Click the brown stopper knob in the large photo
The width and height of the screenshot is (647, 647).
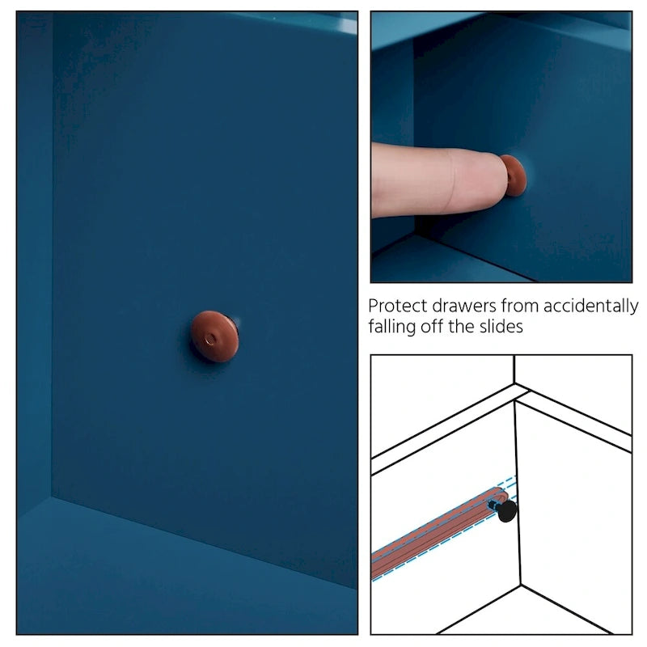[214, 336]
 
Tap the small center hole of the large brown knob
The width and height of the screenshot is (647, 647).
[210, 340]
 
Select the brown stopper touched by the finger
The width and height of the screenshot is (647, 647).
[514, 175]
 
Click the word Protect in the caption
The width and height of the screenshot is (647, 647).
[397, 307]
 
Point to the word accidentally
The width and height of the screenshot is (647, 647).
[591, 307]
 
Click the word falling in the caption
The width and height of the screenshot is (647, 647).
[391, 328]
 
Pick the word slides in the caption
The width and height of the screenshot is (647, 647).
[501, 327]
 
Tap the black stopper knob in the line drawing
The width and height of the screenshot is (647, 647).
[507, 511]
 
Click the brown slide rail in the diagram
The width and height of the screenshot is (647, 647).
[439, 533]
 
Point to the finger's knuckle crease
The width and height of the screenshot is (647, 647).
[454, 181]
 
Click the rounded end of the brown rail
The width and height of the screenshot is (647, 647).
[502, 495]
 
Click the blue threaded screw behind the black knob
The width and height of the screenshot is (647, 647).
[493, 504]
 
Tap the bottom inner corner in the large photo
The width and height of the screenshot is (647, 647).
[52, 497]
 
